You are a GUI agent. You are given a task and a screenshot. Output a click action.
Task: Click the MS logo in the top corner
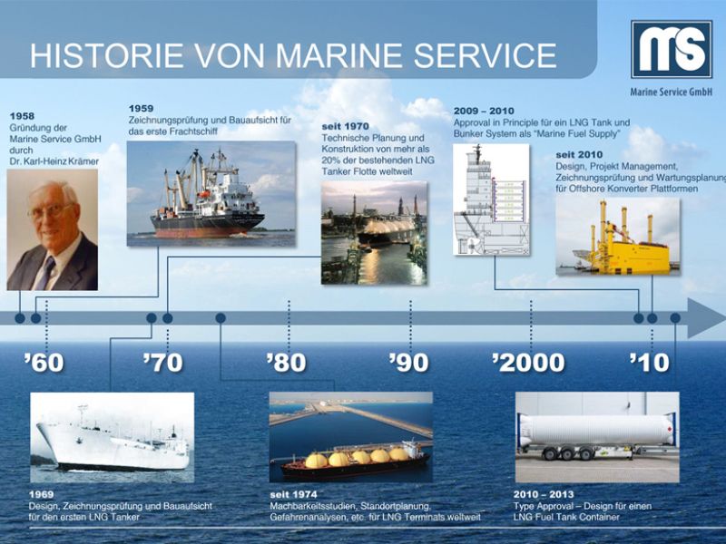click(x=672, y=49)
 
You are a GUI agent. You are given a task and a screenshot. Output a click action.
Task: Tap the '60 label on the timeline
click(x=44, y=363)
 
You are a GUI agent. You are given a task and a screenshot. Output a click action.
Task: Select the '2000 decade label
click(x=528, y=363)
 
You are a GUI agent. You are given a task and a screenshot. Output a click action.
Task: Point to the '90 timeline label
click(x=408, y=363)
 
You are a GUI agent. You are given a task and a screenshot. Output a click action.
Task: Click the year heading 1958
click(x=22, y=116)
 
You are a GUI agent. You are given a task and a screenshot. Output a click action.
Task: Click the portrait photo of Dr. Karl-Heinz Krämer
click(x=53, y=229)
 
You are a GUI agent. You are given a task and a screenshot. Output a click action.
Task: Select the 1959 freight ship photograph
click(x=211, y=193)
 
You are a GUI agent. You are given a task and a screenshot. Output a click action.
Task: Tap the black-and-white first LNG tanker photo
click(x=112, y=437)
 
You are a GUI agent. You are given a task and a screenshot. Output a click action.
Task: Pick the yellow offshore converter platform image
click(x=618, y=237)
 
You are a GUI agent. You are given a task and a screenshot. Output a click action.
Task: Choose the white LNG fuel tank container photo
click(x=597, y=437)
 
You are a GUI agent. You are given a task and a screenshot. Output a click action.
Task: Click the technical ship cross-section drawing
click(x=491, y=199)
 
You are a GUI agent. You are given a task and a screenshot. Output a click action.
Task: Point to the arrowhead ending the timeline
click(x=707, y=318)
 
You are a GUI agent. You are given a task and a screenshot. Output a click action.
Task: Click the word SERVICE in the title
click(x=485, y=55)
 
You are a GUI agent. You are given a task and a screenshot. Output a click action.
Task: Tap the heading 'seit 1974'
click(x=293, y=494)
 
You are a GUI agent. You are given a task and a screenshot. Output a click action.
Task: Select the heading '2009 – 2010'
click(x=484, y=111)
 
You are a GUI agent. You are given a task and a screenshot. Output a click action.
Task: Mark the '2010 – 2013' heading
click(x=544, y=494)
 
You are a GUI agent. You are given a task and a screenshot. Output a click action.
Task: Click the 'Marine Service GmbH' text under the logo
click(x=672, y=92)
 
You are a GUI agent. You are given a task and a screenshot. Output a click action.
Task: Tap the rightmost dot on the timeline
click(x=675, y=318)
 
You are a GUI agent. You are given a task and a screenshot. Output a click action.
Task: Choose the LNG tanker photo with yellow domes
click(x=351, y=437)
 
